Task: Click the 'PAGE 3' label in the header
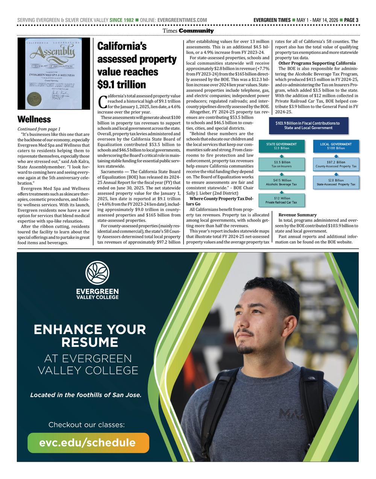pyautogui.click(x=351, y=20)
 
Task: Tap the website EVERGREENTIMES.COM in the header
pyautogui.click(x=182, y=20)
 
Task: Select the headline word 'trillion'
pyautogui.click(x=131, y=85)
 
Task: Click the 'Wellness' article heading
pyautogui.click(x=34, y=119)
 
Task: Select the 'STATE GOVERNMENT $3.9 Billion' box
pyautogui.click(x=281, y=146)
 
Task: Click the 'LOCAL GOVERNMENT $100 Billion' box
pyautogui.click(x=336, y=146)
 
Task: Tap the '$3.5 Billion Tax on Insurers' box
pyautogui.click(x=281, y=164)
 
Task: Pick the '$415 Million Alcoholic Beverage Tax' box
pyautogui.click(x=281, y=182)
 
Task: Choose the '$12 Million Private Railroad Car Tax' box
pyautogui.click(x=281, y=200)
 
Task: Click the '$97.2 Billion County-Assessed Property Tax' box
pyautogui.click(x=336, y=164)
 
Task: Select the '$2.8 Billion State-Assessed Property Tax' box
pyautogui.click(x=336, y=182)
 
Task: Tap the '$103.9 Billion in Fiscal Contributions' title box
pyautogui.click(x=308, y=125)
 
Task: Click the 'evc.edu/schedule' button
pyautogui.click(x=88, y=443)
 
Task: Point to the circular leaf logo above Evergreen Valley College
pyautogui.click(x=97, y=273)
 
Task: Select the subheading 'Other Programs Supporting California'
pyautogui.click(x=317, y=63)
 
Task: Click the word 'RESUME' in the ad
pyautogui.click(x=90, y=342)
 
